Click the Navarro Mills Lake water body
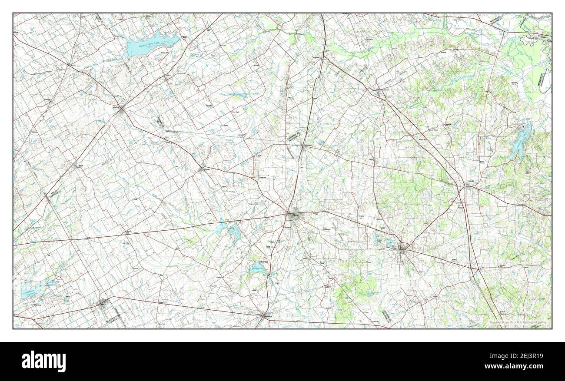tap(150, 46)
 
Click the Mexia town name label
tap(296, 214)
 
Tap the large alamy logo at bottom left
tap(44, 361)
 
